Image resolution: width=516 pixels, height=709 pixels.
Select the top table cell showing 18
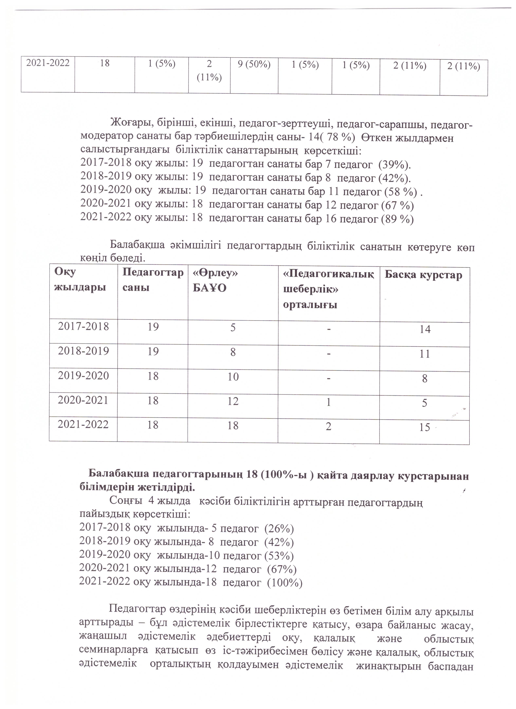[x=105, y=63]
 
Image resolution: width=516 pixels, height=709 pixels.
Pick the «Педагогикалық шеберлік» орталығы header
[x=328, y=289]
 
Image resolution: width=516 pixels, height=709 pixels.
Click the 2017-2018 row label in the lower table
[x=84, y=327]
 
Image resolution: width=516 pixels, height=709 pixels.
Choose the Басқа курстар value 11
[x=425, y=354]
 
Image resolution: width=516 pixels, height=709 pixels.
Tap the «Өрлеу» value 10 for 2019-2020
[x=233, y=377]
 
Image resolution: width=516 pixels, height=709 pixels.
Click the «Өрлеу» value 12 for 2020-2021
[x=233, y=401]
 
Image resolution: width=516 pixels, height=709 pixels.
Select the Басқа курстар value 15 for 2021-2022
[x=425, y=427]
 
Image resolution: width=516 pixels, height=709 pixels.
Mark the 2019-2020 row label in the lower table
[x=84, y=376]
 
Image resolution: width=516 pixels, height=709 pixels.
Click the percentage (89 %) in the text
[x=397, y=219]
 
